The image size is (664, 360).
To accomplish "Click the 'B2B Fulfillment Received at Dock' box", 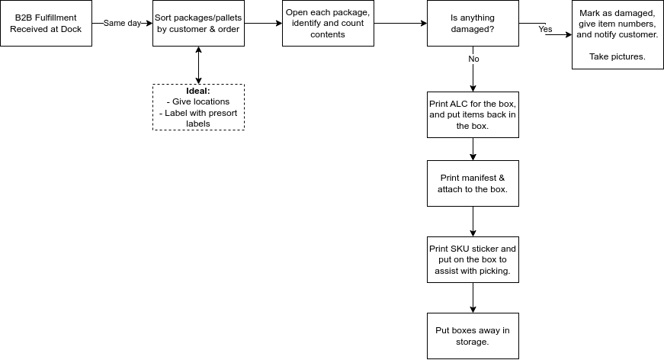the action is pos(47,24).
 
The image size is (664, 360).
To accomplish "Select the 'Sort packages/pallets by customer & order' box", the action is pos(199,24).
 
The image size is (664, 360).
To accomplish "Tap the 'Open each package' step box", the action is pos(329,24).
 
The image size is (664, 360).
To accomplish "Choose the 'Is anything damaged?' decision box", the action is pos(473,24).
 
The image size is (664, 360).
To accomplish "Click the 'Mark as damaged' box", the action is pos(617,34).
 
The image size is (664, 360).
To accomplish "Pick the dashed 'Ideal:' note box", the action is pos(199,107).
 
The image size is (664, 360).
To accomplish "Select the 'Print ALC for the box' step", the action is pos(473,114).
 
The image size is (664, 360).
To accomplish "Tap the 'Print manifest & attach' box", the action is pos(473,183).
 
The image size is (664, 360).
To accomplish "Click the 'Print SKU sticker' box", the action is pos(473,259).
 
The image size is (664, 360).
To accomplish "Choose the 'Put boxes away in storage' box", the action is pos(473,336).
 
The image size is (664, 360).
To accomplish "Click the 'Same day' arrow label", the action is pos(123,24).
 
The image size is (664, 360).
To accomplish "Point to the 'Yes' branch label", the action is pos(545,29).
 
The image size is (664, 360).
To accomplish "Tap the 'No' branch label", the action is pos(474,59).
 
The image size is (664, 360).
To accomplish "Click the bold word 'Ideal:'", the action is pos(198,91).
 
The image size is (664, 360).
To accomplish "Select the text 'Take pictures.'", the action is pos(617,56).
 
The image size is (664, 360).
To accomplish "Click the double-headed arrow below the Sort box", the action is pos(199,66).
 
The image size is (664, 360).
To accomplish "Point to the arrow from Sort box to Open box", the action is pos(264,24).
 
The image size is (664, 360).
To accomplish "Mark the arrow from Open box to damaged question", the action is pos(400,24).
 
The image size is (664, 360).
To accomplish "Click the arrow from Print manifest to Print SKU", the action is pos(473,221).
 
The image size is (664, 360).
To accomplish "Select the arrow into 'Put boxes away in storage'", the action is pos(473,297).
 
